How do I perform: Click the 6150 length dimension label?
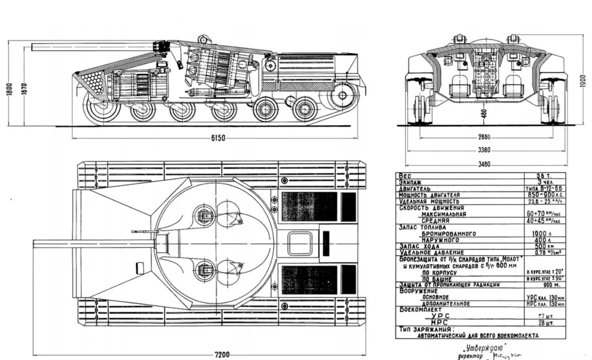click(219, 138)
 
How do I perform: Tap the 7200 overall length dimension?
click(222, 354)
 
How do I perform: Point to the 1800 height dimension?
click(11, 91)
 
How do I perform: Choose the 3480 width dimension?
click(483, 164)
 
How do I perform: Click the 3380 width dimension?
click(483, 150)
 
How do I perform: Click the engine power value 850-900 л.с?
click(545, 195)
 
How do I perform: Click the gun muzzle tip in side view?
click(33, 47)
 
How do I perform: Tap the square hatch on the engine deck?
click(299, 243)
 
